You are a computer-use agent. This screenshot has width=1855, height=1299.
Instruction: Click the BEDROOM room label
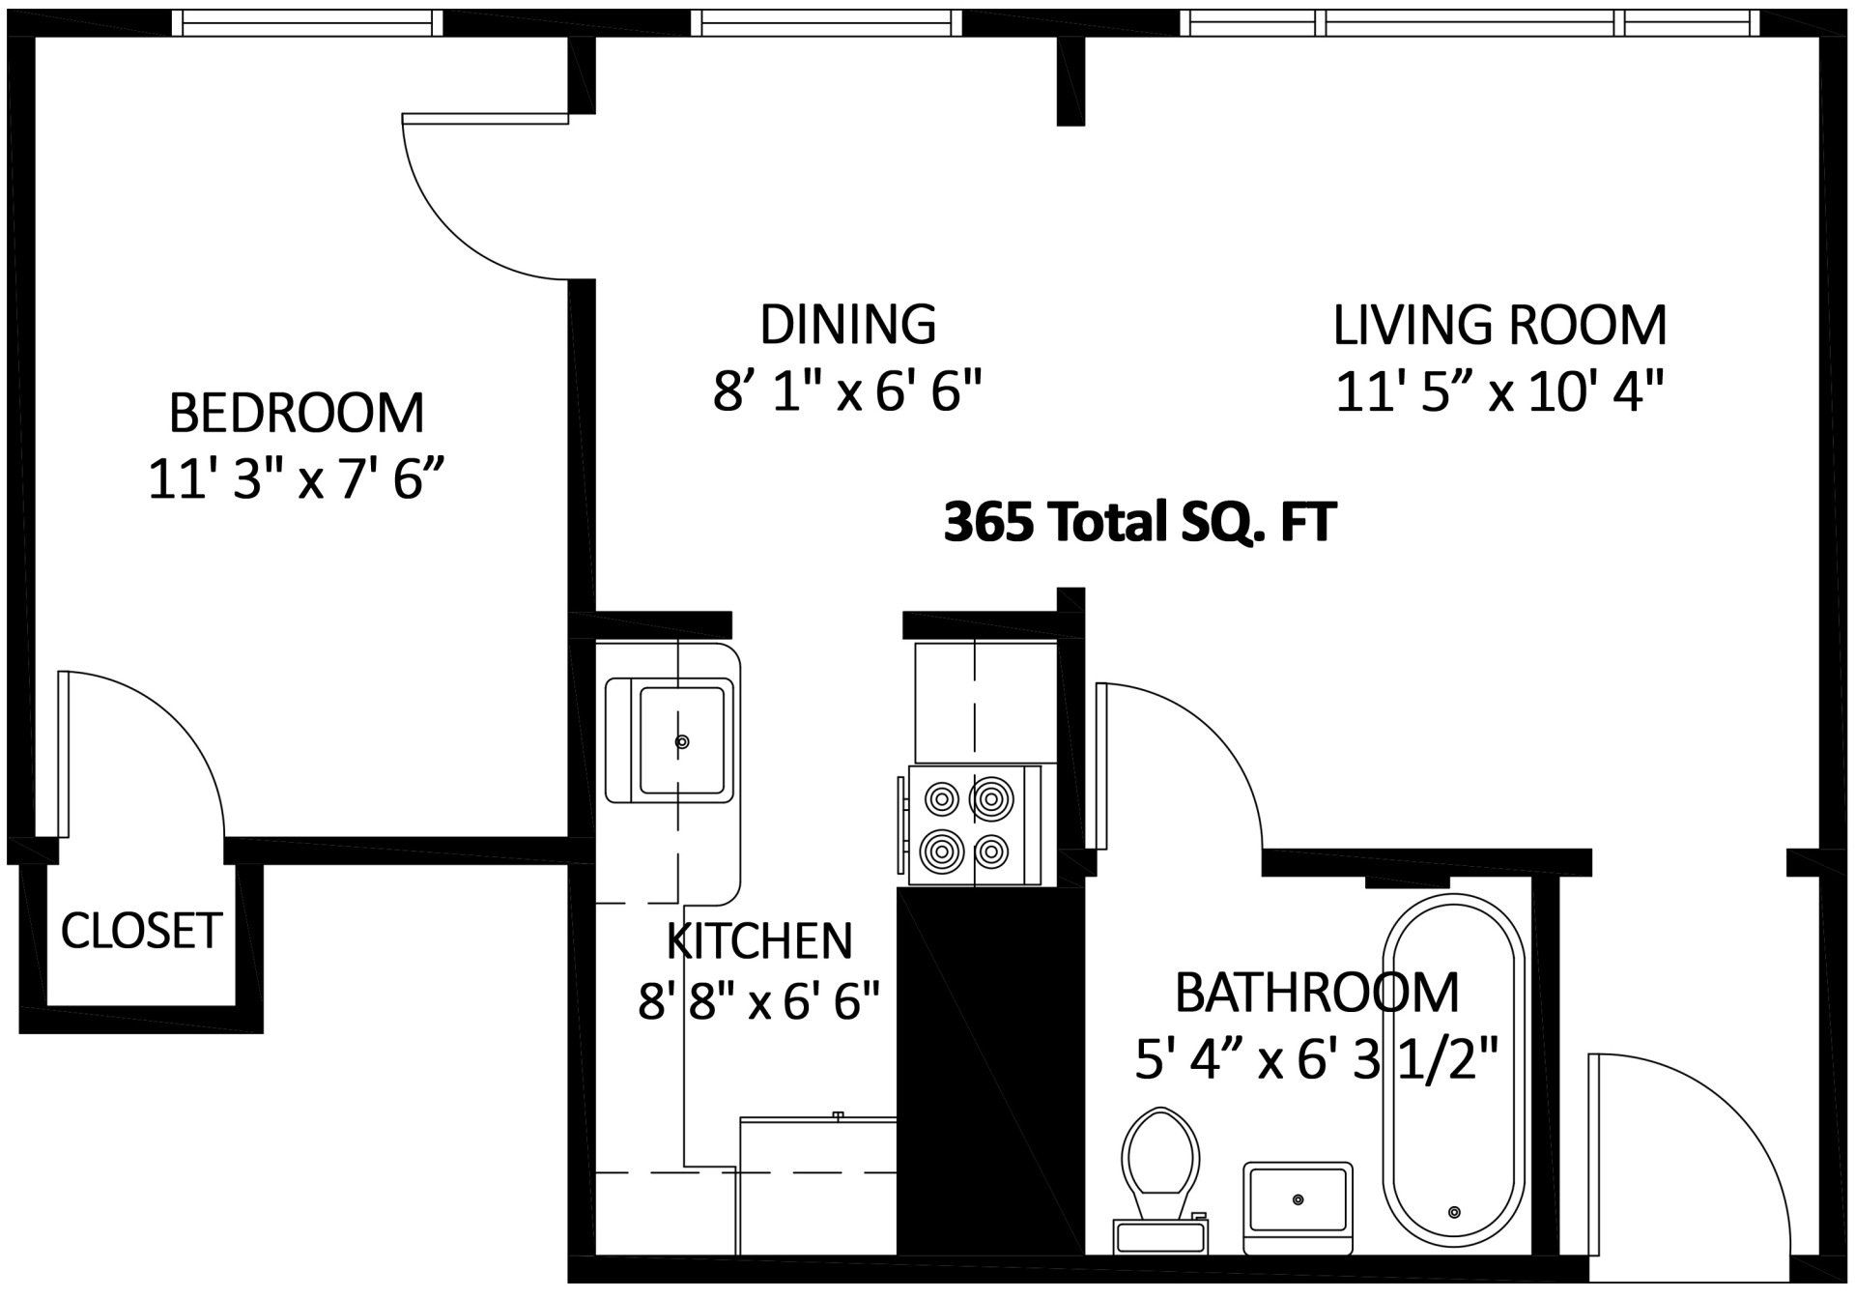point(297,413)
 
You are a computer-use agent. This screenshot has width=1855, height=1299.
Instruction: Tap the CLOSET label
point(141,931)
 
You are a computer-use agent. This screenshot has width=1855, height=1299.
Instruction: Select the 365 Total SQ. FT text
point(1140,523)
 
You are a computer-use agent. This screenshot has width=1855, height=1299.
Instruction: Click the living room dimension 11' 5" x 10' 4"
point(1500,392)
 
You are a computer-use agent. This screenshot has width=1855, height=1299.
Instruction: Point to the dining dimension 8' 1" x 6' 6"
point(847,392)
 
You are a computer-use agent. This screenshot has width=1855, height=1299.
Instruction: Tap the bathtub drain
point(1454,1212)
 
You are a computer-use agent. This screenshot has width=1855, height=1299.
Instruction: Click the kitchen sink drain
point(682,742)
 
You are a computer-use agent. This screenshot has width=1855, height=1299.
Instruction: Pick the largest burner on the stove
point(991,798)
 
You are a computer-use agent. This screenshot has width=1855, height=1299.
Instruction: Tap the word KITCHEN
point(759,940)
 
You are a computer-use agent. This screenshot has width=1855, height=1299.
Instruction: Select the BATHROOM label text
point(1316,994)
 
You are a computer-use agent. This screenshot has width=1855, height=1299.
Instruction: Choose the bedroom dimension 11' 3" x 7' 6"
point(297,478)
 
